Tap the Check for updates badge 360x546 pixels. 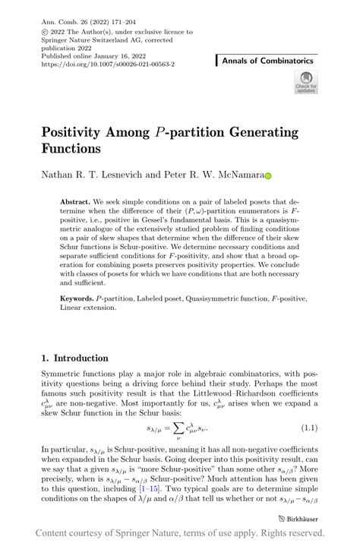(x=306, y=82)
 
